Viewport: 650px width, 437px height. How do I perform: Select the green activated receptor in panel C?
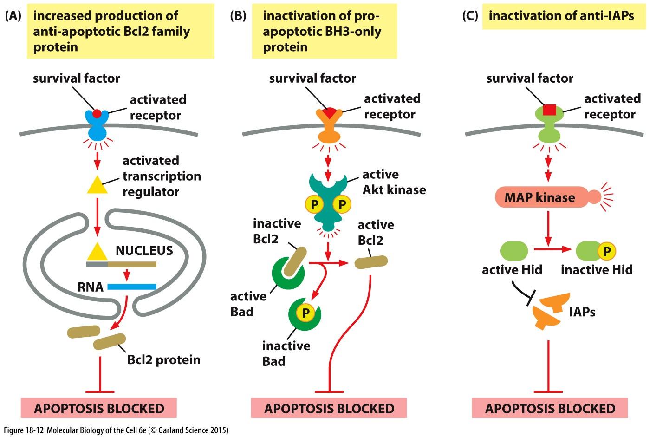point(549,128)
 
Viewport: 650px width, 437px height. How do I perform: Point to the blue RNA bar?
point(132,287)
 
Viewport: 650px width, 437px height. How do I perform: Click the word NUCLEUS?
point(144,251)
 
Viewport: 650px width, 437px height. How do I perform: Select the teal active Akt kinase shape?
point(328,204)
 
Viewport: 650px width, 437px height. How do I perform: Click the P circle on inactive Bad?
point(305,313)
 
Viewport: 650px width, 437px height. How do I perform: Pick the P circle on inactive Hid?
point(606,251)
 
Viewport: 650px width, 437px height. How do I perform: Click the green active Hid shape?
point(514,251)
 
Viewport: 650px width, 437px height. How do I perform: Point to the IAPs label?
point(582,312)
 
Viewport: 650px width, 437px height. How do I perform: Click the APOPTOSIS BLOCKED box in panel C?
point(550,409)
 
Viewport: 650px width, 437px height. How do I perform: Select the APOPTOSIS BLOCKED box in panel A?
point(99,409)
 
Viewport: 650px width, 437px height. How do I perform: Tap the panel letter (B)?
point(238,16)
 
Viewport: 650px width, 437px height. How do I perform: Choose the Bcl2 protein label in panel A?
point(164,360)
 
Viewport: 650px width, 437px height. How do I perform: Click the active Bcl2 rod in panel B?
point(371,262)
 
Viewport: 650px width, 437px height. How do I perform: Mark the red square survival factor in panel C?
point(549,110)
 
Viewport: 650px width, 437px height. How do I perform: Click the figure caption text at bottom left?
point(116,430)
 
